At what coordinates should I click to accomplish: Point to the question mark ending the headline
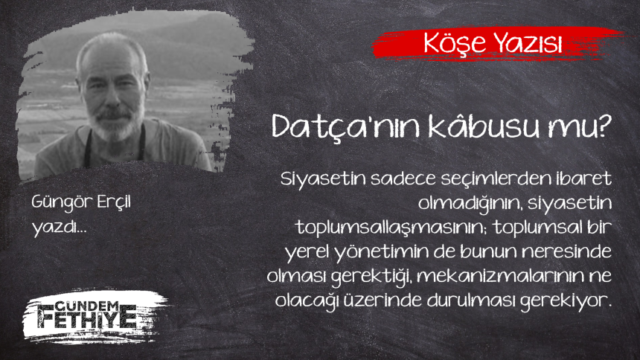603,126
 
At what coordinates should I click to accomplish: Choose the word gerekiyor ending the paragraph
566,301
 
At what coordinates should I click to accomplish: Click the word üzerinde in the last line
383,300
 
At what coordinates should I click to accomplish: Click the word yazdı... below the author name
60,227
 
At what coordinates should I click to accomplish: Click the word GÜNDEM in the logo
86,307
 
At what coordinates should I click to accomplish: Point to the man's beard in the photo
115,123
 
